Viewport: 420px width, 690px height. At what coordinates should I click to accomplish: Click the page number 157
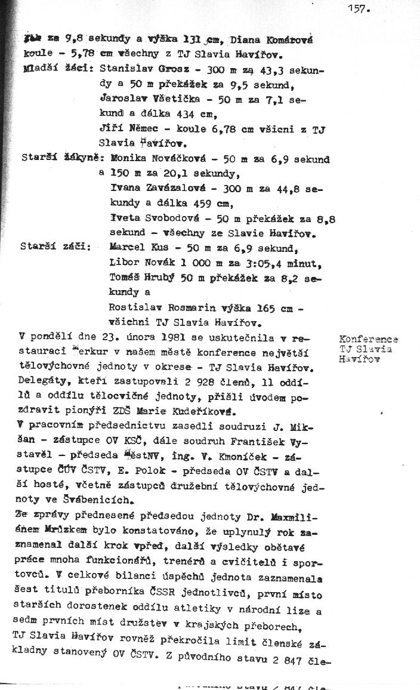pos(360,8)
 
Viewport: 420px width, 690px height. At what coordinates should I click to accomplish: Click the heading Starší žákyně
pos(57,159)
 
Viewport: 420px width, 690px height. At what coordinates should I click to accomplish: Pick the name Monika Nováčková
pos(152,159)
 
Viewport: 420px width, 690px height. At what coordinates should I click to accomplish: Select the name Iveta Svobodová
pos(150,218)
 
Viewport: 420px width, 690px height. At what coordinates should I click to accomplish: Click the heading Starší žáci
pos(55,247)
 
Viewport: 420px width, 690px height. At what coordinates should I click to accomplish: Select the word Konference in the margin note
pos(368,339)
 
